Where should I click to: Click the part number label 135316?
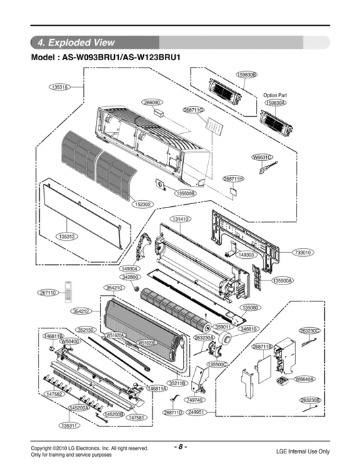point(59,87)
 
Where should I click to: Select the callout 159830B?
point(247,74)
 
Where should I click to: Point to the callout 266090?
point(152,102)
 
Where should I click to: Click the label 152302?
point(143,203)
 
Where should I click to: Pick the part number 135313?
point(66,237)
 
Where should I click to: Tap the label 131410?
point(180,220)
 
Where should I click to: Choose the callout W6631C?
point(261,157)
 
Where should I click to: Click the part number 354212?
point(81,312)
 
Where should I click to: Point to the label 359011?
point(224,327)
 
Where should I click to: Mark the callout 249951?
point(197,412)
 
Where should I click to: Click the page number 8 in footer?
point(180,447)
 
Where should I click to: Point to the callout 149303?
point(246,255)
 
